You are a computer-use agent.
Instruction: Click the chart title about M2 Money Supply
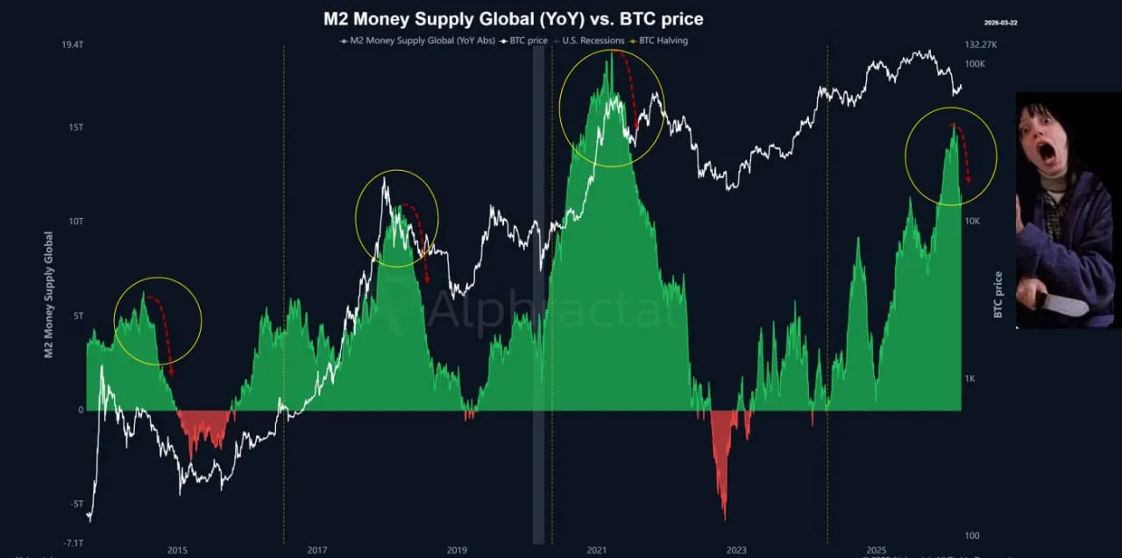point(513,18)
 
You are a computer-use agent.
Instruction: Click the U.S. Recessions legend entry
point(593,40)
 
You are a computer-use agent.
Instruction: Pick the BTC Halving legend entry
point(662,40)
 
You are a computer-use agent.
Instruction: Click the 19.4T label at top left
point(72,45)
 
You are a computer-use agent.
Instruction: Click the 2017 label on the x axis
point(317,549)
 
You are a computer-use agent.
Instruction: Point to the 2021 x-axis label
point(597,549)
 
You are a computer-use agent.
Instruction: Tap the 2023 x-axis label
point(736,549)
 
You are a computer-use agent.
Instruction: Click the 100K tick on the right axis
point(975,64)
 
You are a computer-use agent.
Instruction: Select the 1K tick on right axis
point(971,378)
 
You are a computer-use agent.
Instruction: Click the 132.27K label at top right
point(983,45)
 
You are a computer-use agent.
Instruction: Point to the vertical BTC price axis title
point(998,294)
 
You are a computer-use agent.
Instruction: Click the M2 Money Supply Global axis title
point(49,294)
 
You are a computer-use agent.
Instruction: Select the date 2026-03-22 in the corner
point(999,23)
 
